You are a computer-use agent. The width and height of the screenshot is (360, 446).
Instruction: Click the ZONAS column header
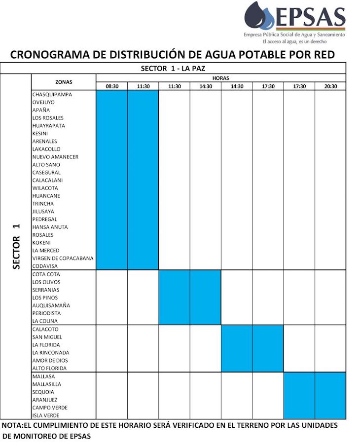point(64,82)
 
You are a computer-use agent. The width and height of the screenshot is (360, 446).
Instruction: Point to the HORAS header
point(220,78)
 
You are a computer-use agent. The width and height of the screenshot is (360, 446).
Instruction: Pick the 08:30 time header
point(112,86)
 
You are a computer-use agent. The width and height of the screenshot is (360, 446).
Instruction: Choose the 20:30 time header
point(330,86)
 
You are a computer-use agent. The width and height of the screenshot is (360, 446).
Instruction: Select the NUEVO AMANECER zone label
point(55,157)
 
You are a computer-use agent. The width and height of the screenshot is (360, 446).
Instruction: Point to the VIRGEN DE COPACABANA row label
point(63,259)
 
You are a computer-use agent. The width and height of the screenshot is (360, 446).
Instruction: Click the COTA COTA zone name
point(46,274)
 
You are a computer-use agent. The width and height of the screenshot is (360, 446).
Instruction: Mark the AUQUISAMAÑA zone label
point(51,305)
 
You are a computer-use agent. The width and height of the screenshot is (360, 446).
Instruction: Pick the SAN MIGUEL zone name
point(47,337)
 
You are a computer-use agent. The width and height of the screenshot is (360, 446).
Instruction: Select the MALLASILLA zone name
point(47,384)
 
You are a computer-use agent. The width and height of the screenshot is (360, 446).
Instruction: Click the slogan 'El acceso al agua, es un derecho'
point(294,41)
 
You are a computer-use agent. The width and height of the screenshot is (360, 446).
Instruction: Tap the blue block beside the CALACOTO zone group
point(252,348)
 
